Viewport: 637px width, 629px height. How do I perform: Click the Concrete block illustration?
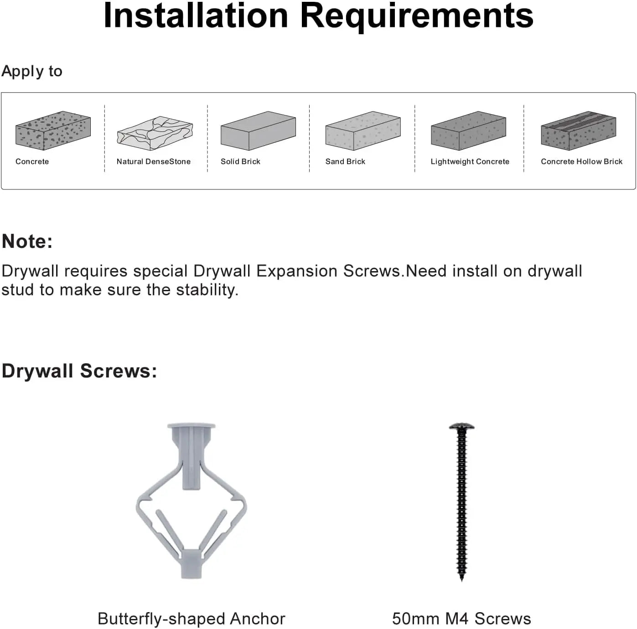53,131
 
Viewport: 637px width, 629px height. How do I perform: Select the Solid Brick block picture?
258,131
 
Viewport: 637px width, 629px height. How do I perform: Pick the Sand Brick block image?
363,131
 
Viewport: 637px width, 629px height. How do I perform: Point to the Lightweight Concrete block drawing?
468,131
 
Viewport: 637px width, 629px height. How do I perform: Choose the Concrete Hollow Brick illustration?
578,131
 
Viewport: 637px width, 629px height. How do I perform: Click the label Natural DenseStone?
153,162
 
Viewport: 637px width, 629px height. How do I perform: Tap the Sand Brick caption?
345,162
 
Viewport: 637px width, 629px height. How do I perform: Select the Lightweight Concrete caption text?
470,162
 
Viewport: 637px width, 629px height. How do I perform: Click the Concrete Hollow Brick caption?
581,162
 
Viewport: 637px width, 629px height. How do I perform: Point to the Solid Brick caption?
240,162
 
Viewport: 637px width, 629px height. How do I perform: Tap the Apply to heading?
32,71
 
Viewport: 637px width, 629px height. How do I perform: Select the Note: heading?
27,241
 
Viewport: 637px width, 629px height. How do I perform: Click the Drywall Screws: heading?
79,371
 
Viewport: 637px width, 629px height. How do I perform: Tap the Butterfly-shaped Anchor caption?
192,619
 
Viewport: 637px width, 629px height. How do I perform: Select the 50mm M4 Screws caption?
461,619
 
